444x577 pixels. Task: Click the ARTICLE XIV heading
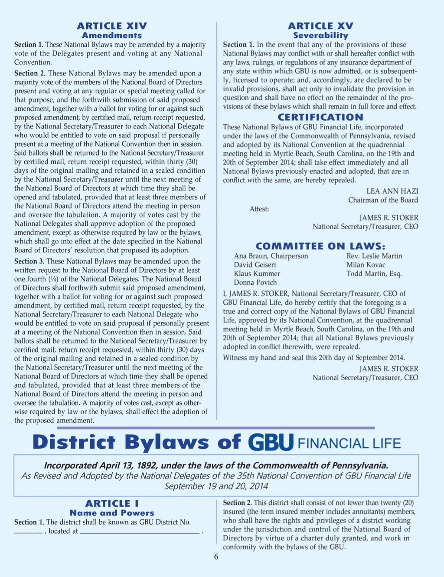pyautogui.click(x=112, y=26)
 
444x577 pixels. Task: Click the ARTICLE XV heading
pyautogui.click(x=320, y=26)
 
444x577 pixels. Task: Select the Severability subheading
pyautogui.click(x=320, y=36)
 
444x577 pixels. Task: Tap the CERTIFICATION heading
pyautogui.click(x=320, y=117)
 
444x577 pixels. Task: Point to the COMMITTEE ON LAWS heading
pyautogui.click(x=320, y=246)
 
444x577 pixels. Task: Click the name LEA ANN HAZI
pyautogui.click(x=392, y=191)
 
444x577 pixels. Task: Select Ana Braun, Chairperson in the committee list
pyautogui.click(x=271, y=256)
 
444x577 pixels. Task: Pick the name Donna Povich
pyautogui.click(x=255, y=283)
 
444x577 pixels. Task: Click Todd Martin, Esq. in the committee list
pyautogui.click(x=374, y=274)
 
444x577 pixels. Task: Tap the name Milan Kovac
pyautogui.click(x=366, y=265)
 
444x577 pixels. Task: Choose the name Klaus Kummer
pyautogui.click(x=257, y=274)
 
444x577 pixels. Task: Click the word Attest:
pyautogui.click(x=259, y=209)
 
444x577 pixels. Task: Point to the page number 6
pyautogui.click(x=216, y=557)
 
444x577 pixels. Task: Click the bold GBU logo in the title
pyautogui.click(x=271, y=442)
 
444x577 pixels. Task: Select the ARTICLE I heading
pyautogui.click(x=112, y=504)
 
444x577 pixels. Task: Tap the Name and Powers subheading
pyautogui.click(x=112, y=513)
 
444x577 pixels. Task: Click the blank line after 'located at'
pyautogui.click(x=140, y=532)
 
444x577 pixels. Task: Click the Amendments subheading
pyautogui.click(x=112, y=36)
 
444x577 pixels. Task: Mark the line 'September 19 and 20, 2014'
pyautogui.click(x=216, y=486)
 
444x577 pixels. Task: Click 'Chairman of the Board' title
pyautogui.click(x=383, y=200)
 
